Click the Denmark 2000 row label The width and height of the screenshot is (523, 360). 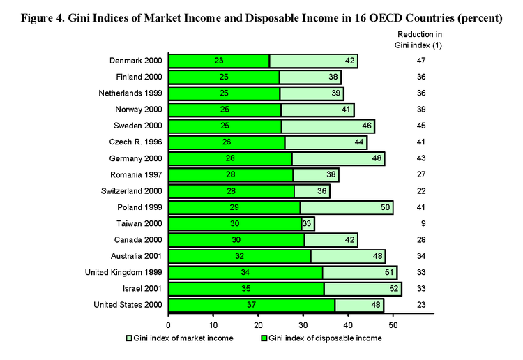click(x=135, y=61)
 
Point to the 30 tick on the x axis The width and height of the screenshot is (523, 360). click(x=304, y=325)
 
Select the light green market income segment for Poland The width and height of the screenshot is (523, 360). click(x=335, y=207)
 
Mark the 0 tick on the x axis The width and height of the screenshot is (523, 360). click(x=169, y=325)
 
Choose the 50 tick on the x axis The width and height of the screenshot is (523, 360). click(x=393, y=325)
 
